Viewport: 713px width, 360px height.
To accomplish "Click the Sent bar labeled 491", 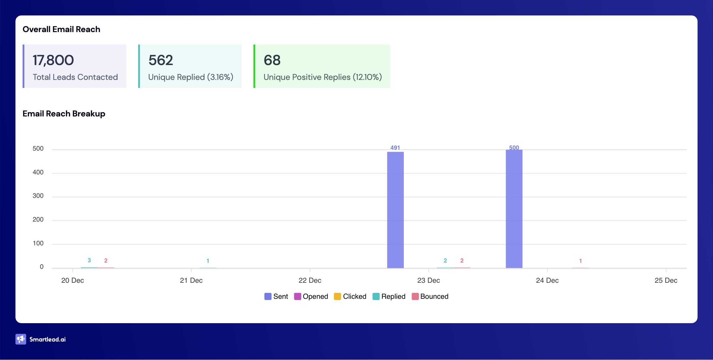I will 395,210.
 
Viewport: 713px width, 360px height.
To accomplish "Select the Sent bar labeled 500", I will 514,209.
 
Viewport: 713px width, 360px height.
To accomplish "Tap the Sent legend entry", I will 276,296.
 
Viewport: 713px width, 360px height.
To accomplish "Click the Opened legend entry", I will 311,296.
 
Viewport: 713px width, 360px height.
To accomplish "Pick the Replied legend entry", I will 389,296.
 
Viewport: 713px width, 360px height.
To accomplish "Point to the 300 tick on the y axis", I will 38,196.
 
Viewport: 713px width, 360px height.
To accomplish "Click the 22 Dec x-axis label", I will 310,280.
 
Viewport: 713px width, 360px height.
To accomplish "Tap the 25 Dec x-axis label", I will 666,280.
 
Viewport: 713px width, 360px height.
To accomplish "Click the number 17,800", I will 53,60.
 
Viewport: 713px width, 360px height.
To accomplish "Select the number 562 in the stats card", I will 161,60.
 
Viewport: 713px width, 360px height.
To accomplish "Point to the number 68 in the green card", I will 272,60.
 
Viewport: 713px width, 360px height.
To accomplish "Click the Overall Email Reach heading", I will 61,29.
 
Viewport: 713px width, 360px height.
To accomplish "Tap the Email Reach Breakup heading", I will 64,114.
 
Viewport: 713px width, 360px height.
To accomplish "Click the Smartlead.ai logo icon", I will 21,339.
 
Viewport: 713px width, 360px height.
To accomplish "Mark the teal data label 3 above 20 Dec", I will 89,260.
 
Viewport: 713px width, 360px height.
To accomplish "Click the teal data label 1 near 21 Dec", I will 208,261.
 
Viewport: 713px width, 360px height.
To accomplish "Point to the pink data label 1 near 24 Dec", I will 580,261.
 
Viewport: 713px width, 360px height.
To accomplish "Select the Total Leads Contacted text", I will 75,77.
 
